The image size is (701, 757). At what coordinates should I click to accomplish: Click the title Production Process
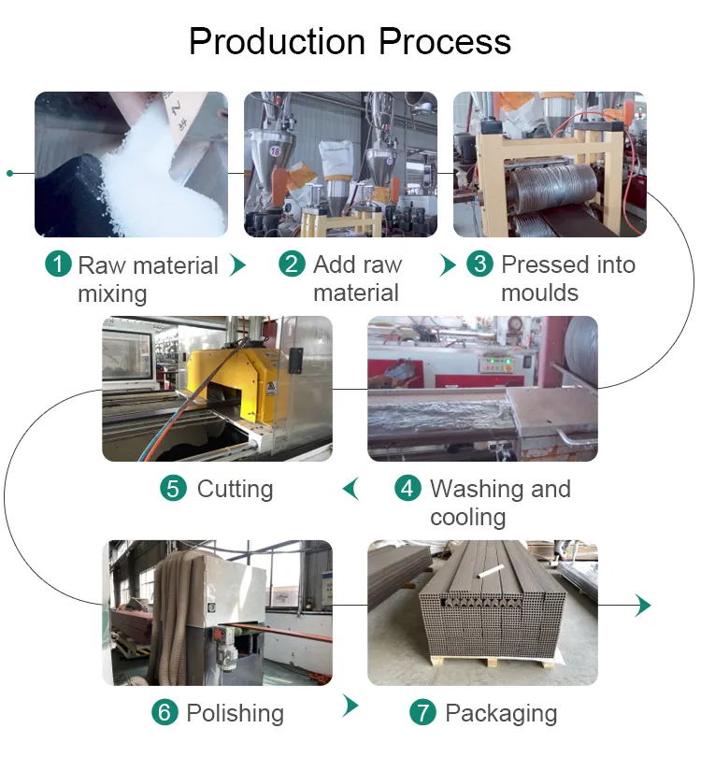pos(350,42)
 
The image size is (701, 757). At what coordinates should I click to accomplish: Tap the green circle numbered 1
pos(58,264)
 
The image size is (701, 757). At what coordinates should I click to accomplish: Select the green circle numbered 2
pos(293,264)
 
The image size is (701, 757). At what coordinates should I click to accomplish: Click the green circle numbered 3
pos(480,264)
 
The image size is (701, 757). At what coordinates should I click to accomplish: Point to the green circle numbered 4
pos(408,489)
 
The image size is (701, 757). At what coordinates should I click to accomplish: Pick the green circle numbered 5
pos(174,489)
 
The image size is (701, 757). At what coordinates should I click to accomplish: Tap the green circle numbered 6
pos(165,713)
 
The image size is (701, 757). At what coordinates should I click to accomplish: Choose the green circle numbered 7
pos(423,713)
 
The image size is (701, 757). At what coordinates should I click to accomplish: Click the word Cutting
pos(235,489)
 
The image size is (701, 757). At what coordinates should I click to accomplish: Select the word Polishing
pos(235,713)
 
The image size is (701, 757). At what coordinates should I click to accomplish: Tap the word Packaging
pos(500,713)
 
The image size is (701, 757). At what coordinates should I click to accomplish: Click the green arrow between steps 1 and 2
pos(238,264)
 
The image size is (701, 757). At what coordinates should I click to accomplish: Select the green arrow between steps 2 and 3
pos(449,264)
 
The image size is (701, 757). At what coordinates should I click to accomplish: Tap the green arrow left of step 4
pos(351,488)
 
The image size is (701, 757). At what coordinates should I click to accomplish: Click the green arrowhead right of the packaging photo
pos(642,605)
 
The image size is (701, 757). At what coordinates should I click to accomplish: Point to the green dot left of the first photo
pos(9,173)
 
